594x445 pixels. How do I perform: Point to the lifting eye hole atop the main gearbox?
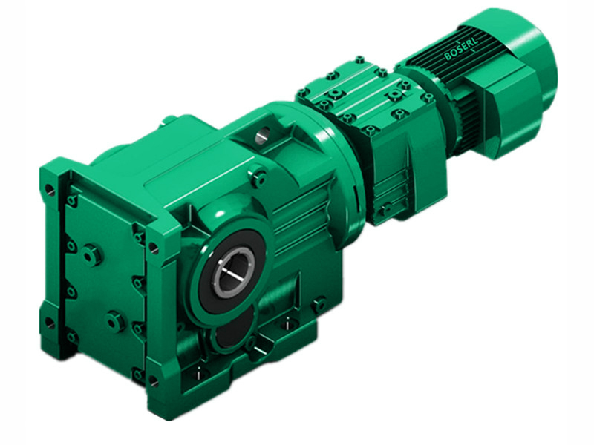(262, 135)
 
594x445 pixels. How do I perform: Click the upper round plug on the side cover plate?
(92, 255)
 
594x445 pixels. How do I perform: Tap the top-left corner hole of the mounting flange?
(50, 190)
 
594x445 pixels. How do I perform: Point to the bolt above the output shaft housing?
(259, 178)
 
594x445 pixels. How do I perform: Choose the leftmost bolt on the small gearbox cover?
(303, 93)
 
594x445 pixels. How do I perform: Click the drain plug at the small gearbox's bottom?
(384, 210)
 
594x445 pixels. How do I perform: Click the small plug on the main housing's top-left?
(169, 119)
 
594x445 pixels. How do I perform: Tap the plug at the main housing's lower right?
(319, 303)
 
